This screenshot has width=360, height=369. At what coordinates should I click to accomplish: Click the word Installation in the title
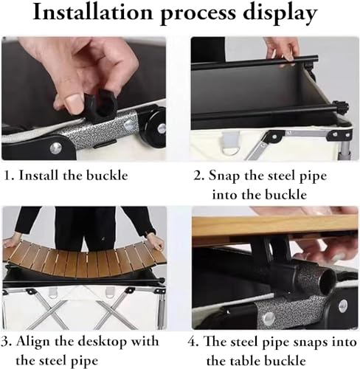pyautogui.click(x=93, y=13)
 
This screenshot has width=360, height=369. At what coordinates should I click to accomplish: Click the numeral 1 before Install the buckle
pyautogui.click(x=7, y=176)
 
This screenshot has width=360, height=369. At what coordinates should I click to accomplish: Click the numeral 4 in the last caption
pyautogui.click(x=193, y=342)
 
